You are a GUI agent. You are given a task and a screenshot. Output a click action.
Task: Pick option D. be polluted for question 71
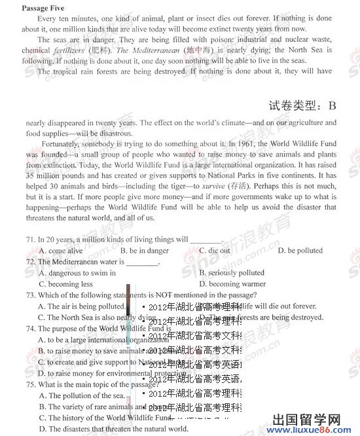pos(300,250)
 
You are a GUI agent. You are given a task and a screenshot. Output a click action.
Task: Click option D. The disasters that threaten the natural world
pos(113,429)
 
